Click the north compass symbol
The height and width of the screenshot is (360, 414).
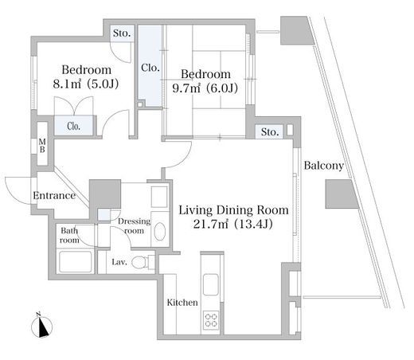pos(41,327)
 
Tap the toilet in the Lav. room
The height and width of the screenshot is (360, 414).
pos(139,262)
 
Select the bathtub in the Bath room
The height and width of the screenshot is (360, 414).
pos(76,262)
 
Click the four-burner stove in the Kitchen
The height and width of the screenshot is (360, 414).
pos(211,320)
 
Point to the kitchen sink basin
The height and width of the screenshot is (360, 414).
pos(211,284)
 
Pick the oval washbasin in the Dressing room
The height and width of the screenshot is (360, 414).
pos(160,232)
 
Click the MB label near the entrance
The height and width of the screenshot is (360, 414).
pos(42,146)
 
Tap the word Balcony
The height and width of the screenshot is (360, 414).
pos(323,166)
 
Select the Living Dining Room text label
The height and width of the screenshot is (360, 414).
pos(233,210)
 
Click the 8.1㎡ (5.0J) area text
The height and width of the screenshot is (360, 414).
pos(86,84)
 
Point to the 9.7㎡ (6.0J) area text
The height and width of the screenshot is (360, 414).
pos(205,88)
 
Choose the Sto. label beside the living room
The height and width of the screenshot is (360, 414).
pos(270,132)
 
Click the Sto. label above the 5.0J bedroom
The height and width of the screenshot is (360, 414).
pos(122,33)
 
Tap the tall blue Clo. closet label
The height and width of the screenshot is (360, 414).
pos(150,68)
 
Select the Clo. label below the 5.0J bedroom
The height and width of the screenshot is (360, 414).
pos(74,126)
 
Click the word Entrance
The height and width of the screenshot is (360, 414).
pos(54,196)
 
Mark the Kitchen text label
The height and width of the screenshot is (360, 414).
pos(182,303)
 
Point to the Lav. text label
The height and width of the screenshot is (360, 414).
pos(119,262)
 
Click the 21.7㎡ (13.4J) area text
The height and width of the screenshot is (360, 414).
pos(232,225)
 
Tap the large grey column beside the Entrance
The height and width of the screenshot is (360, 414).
pos(105,194)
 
